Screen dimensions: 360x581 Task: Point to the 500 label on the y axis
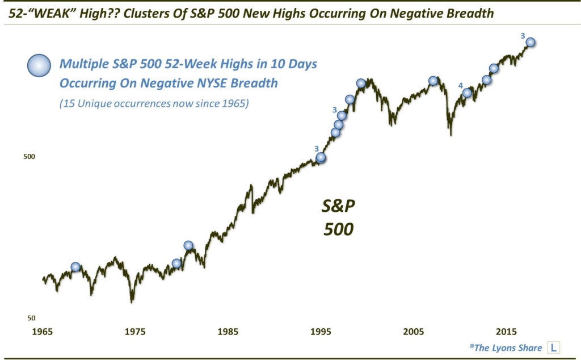pyautogui.click(x=30, y=156)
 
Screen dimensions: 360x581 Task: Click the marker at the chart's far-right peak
pyautogui.click(x=531, y=42)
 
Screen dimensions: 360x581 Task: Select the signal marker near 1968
pyautogui.click(x=75, y=267)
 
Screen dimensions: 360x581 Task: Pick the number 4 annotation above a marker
pyautogui.click(x=461, y=85)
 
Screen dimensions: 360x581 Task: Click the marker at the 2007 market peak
pyautogui.click(x=433, y=81)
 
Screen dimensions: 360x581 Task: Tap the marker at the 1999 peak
pyautogui.click(x=361, y=83)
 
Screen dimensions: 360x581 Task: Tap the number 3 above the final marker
pyautogui.click(x=523, y=35)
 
